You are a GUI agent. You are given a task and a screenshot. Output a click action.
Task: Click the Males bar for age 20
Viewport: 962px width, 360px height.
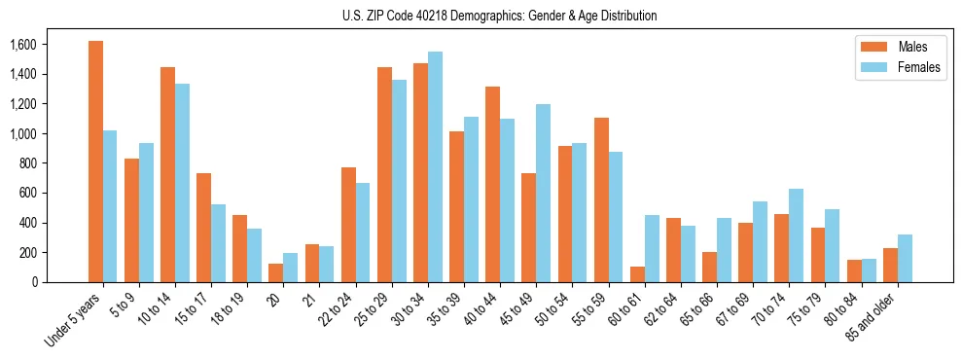276,272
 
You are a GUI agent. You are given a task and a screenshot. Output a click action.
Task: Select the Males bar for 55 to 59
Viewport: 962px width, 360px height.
601,199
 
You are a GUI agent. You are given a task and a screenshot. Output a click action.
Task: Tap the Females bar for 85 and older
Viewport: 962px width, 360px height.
905,258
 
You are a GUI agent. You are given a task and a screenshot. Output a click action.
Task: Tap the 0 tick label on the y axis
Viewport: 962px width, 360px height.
33,282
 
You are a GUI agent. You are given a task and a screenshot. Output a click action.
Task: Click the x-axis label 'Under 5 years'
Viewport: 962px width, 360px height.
73,321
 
